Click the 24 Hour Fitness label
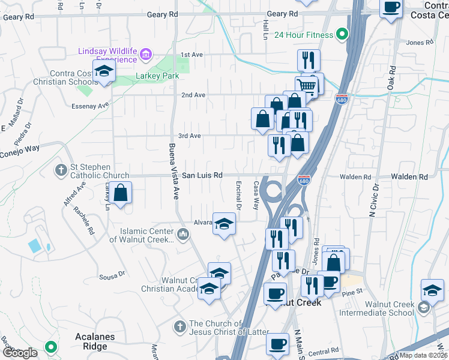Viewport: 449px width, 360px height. [x=303, y=35]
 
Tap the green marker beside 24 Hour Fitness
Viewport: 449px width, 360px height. [x=342, y=34]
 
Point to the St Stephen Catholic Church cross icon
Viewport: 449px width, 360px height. [x=61, y=170]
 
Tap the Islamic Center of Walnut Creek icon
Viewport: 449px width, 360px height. [x=184, y=233]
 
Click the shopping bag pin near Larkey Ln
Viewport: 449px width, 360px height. [x=121, y=194]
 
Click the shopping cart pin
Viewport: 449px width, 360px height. [x=307, y=86]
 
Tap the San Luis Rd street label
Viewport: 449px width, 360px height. [x=202, y=175]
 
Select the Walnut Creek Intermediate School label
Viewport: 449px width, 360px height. [x=376, y=308]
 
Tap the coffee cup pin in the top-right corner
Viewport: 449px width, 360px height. [x=391, y=8]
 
